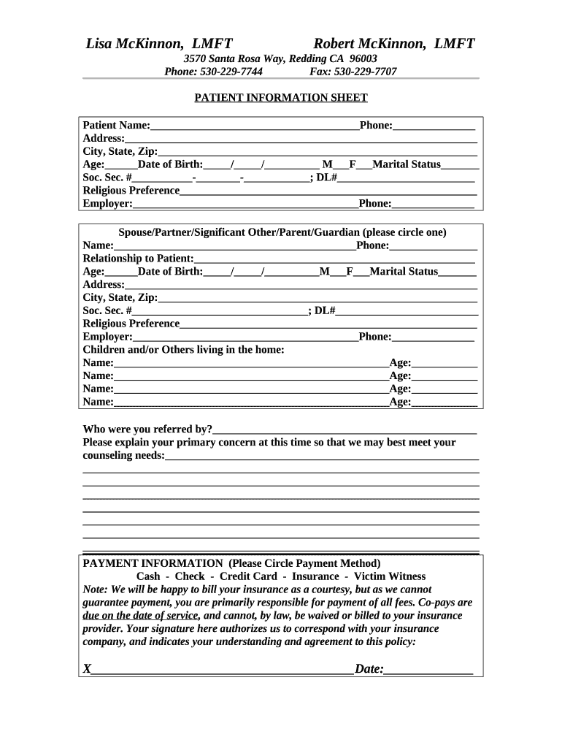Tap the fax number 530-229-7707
[365, 72]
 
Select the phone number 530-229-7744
[231, 72]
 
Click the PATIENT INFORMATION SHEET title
[280, 98]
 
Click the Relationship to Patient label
[139, 259]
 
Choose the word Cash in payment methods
[148, 576]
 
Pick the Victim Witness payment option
[390, 576]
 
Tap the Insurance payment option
[315, 576]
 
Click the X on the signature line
[87, 669]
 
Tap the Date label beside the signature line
[369, 669]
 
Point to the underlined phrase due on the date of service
[141, 616]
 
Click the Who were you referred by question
[147, 429]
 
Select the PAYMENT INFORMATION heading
[153, 563]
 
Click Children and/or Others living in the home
[183, 350]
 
